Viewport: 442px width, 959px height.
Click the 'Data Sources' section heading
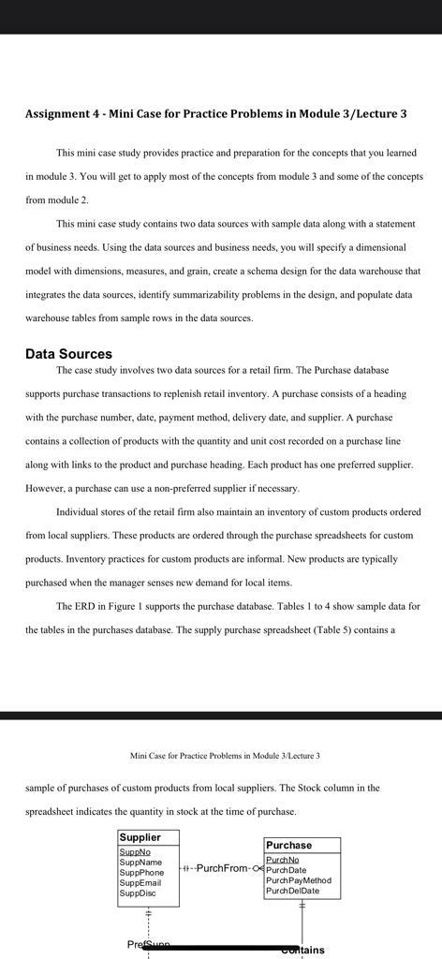[x=68, y=354]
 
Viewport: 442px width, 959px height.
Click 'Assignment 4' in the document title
[x=62, y=114]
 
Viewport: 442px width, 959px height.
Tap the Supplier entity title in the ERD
[x=140, y=837]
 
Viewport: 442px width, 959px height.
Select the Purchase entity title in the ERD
[x=288, y=845]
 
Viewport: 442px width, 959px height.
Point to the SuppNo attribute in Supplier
[x=135, y=852]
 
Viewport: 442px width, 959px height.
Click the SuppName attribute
[x=140, y=863]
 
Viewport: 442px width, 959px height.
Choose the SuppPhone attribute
[x=142, y=873]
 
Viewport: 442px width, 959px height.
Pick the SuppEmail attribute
[x=140, y=883]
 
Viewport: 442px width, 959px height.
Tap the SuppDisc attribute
[x=138, y=893]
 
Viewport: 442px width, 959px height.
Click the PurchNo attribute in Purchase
[x=282, y=860]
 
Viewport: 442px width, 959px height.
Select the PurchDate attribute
[x=286, y=870]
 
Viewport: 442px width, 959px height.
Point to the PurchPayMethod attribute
[x=299, y=880]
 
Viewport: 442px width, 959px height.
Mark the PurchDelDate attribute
[x=292, y=891]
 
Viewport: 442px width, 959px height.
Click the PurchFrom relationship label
[x=222, y=868]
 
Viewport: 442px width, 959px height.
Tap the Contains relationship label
[x=304, y=950]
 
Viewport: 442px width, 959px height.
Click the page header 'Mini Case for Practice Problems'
[x=225, y=756]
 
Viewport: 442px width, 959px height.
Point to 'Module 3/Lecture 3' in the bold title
[x=353, y=114]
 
